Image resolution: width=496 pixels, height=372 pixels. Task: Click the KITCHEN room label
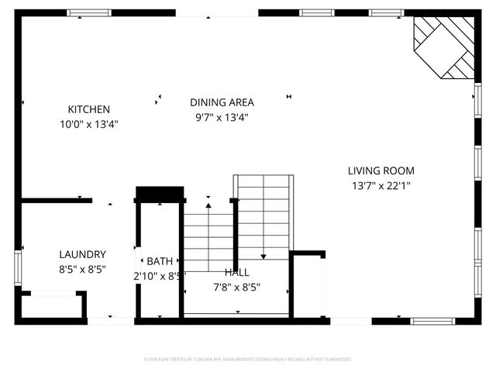click(x=88, y=110)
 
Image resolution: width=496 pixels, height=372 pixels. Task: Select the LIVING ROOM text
click(x=381, y=171)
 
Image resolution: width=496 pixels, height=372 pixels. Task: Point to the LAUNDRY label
click(x=82, y=254)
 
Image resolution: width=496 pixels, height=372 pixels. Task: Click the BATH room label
click(x=160, y=261)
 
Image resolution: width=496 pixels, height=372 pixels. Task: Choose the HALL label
click(x=237, y=272)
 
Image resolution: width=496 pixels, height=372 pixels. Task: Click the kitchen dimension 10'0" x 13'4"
click(x=88, y=124)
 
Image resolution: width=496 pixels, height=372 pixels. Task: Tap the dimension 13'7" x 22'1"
click(x=381, y=185)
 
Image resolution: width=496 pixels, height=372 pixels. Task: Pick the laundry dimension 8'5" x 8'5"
click(x=82, y=270)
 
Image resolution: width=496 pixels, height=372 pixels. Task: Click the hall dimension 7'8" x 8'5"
click(x=237, y=287)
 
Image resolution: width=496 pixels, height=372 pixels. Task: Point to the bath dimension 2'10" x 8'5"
click(x=160, y=275)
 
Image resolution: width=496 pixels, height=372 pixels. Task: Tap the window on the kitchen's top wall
click(x=89, y=13)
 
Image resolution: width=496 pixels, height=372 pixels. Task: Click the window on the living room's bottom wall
click(x=432, y=321)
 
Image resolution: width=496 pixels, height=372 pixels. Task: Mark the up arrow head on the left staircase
click(x=208, y=206)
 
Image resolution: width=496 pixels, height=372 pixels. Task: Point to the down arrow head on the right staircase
click(x=263, y=257)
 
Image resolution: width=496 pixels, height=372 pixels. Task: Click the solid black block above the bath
click(x=160, y=193)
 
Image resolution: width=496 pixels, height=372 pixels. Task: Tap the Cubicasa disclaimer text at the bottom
click(x=248, y=360)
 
